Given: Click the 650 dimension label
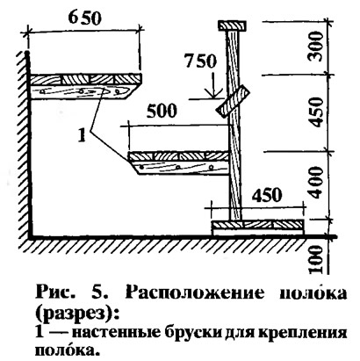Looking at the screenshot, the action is tap(85, 18).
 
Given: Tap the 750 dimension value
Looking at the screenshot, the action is tap(201, 61).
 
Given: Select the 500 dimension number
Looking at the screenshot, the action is tap(162, 111).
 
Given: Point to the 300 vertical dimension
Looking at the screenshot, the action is tap(315, 47).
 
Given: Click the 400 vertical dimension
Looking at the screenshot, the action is tap(316, 182).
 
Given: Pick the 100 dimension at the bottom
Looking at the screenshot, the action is tap(316, 259).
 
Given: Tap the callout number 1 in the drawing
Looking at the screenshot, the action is tap(82, 135).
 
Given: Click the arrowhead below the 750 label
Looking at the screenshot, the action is tap(213, 92).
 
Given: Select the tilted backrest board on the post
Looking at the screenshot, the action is tap(233, 100).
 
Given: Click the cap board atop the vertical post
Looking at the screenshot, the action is tap(232, 25).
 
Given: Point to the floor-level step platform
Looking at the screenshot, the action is tap(258, 227).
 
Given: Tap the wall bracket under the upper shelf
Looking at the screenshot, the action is tap(80, 91).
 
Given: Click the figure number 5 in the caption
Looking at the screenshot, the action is tap(102, 292).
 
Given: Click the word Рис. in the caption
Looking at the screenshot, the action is tap(54, 292).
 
